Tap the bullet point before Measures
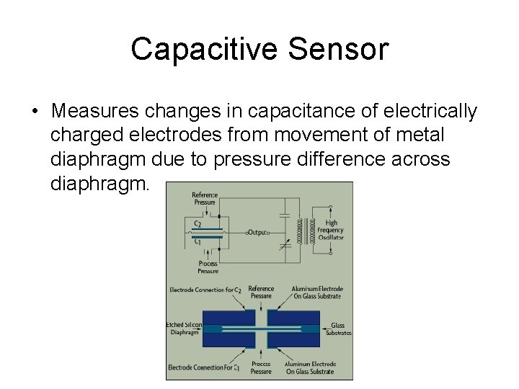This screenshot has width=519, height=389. click(35, 112)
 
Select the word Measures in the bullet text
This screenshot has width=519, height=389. click(94, 112)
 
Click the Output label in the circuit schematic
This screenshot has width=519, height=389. click(257, 233)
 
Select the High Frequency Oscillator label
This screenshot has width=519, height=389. click(331, 231)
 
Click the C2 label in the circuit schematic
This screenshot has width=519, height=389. click(198, 224)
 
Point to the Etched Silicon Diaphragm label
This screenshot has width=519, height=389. click(183, 328)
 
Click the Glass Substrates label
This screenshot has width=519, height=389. click(338, 329)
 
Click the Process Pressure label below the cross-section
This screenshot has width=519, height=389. click(261, 367)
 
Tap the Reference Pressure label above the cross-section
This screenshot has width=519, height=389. click(261, 292)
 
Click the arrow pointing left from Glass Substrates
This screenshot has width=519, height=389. click(322, 326)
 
